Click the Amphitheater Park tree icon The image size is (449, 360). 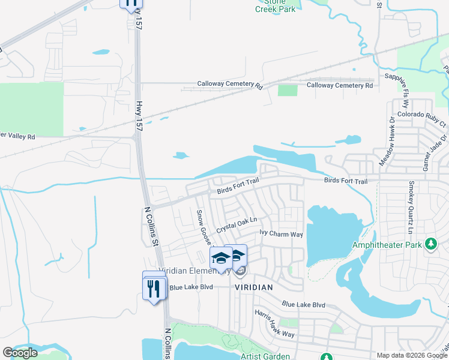tap(430, 244)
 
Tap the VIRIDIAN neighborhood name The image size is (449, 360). tap(253, 287)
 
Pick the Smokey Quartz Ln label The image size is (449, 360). tap(411, 207)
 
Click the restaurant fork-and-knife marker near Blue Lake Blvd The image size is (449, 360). tap(155, 289)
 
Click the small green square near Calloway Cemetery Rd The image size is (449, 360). tap(288, 90)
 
